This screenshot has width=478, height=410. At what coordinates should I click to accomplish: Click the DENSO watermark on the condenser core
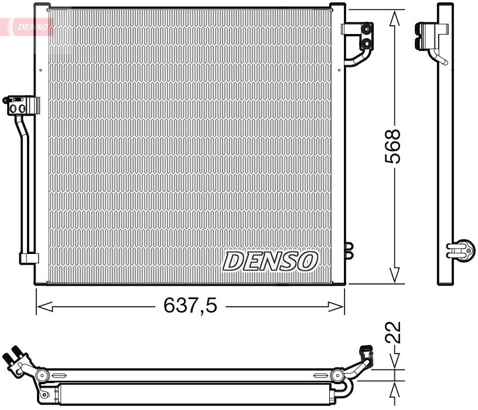tap(271, 261)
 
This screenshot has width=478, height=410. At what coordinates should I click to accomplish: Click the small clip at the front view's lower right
tap(350, 250)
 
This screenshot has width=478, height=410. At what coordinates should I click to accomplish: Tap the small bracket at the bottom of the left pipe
tap(28, 258)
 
